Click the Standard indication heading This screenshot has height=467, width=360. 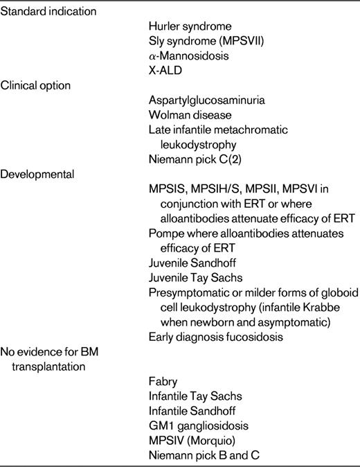[x=48, y=12]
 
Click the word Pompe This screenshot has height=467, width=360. [x=165, y=233]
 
